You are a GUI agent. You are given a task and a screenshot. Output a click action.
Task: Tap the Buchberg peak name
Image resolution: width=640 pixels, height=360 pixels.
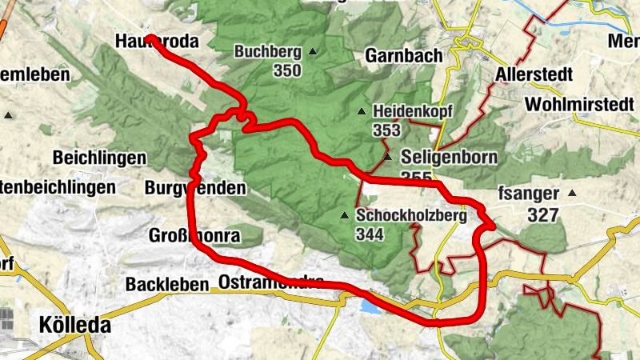click(268, 52)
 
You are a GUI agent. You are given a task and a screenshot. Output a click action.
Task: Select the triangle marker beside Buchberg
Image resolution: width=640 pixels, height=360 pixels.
click(312, 53)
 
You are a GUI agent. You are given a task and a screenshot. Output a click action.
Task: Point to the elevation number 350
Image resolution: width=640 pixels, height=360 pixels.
click(286, 70)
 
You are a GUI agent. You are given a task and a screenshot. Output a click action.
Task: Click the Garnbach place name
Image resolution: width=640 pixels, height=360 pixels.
click(398, 56)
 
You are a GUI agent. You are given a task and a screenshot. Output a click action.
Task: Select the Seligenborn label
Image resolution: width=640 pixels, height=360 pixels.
click(450, 157)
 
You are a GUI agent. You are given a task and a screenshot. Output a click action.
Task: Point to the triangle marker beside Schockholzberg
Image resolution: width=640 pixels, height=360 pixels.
click(345, 215)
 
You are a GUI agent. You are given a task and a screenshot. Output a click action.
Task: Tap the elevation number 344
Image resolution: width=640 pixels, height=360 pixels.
click(370, 234)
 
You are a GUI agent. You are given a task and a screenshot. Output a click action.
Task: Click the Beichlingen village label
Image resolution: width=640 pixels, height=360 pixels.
click(100, 157)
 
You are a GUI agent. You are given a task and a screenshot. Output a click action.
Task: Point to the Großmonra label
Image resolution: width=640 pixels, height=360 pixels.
click(194, 236)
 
